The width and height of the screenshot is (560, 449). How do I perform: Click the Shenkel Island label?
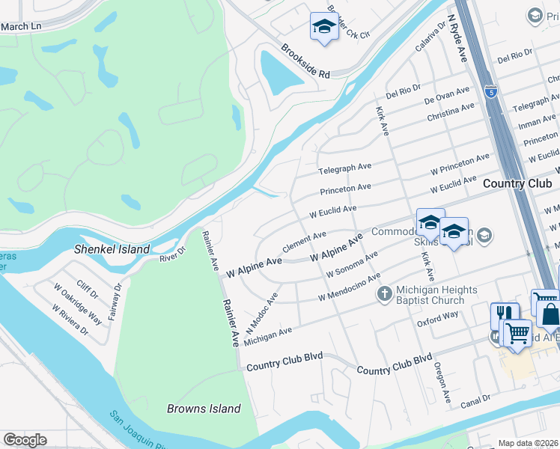pos(112,249)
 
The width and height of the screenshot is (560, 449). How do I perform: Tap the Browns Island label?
pos(204,409)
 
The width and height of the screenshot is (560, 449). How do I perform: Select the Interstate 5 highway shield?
pos(490,91)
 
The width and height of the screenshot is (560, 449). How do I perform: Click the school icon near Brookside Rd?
pos(323,27)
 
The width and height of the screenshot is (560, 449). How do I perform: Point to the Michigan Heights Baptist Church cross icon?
pos(385,293)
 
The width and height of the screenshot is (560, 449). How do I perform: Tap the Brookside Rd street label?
pos(305,62)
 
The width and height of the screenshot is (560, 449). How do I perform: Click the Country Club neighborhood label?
pos(517,183)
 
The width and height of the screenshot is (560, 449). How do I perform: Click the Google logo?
pos(25,440)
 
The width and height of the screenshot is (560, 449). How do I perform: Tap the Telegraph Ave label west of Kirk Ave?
pos(344,166)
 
